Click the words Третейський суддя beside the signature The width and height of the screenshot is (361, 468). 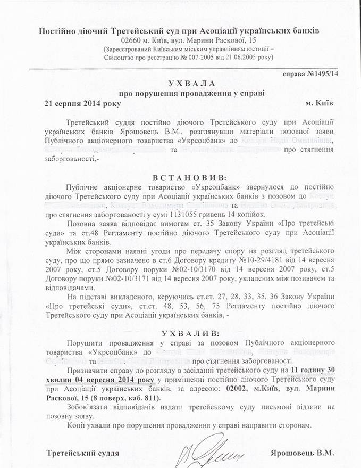[x=82, y=453]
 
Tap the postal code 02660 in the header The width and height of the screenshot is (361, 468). [x=133, y=40]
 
